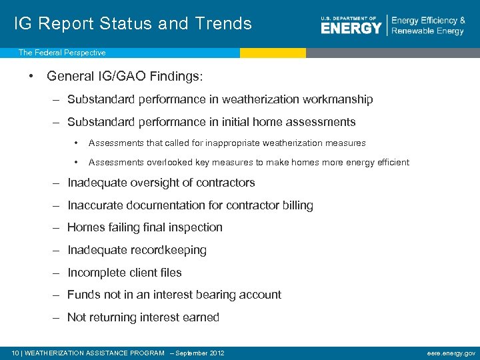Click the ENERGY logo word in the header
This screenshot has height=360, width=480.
point(351,28)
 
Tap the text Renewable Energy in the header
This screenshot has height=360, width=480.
point(428,31)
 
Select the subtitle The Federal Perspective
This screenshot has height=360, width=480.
point(61,53)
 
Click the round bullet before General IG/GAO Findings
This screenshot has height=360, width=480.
point(32,76)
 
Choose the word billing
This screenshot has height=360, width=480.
point(297,205)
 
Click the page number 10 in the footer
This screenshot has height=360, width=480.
point(16,353)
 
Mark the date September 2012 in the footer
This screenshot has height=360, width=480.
point(200,353)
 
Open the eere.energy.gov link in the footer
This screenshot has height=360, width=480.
point(451,353)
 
